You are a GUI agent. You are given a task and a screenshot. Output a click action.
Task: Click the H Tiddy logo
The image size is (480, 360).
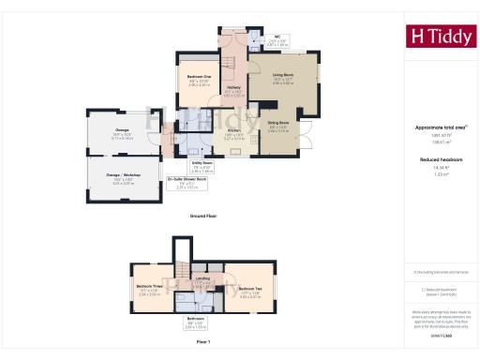tap(440, 37)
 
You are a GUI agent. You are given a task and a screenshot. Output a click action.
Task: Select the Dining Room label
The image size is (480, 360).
tap(277, 123)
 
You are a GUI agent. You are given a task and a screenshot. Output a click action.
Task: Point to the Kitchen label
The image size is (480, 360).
tap(233, 130)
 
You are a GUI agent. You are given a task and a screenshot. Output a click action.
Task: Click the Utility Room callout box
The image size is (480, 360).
tap(202, 164)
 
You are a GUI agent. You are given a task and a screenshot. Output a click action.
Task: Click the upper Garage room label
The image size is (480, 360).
tap(123, 130)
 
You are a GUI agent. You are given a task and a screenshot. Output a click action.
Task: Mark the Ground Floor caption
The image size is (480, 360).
tap(204, 216)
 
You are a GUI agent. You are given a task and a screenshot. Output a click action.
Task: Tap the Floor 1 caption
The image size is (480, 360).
tap(203, 343)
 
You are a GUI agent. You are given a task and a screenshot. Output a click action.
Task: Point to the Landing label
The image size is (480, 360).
tap(202, 279)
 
